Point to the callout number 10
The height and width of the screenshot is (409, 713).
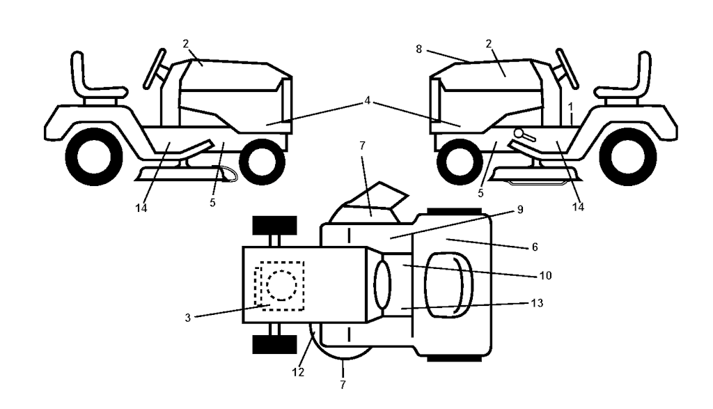(x=545, y=275)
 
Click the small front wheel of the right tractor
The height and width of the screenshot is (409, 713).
(x=457, y=159)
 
